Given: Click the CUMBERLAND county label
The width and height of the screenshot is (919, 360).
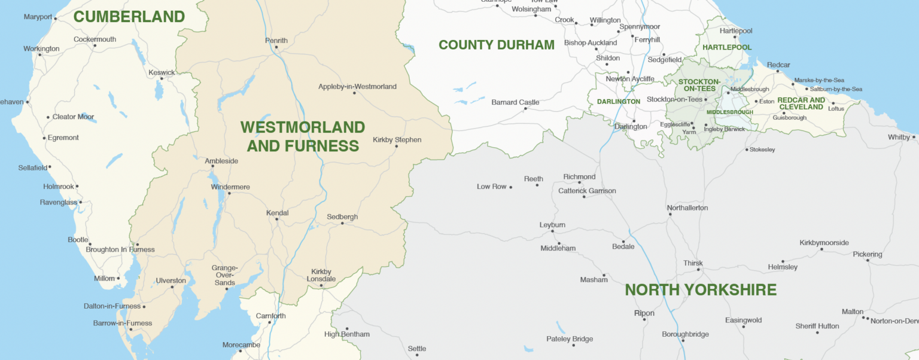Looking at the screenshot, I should (x=129, y=17).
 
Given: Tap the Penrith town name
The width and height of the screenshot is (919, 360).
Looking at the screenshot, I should (x=276, y=41).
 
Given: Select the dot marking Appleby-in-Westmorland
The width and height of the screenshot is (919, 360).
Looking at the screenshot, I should (x=355, y=93).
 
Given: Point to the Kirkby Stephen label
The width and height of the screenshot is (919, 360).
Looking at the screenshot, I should (x=397, y=140).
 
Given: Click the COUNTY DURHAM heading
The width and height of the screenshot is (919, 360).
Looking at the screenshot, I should (x=496, y=45).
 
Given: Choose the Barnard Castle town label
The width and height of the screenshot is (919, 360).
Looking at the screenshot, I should (x=515, y=102).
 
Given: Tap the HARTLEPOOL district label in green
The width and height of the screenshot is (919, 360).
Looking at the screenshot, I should (x=727, y=47).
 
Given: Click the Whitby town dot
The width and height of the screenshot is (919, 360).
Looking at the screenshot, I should (x=914, y=137).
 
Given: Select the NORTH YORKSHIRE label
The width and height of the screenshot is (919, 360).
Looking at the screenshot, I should (x=701, y=290).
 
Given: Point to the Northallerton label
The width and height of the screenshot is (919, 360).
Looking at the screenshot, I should (x=687, y=208).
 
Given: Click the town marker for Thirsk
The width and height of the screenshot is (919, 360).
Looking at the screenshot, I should (x=698, y=270).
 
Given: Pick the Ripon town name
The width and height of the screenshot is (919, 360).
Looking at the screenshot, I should (x=644, y=313).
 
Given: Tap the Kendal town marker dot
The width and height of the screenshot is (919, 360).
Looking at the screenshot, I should (x=276, y=219).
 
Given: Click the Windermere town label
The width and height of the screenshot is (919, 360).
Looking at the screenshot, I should (x=230, y=187).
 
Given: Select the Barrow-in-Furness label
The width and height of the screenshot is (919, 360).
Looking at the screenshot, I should (x=123, y=324).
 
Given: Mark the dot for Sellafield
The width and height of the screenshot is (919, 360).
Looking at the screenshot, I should (x=50, y=167).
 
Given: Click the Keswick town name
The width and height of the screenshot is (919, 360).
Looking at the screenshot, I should (x=162, y=73).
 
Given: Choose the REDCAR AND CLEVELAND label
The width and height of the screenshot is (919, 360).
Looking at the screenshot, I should (x=801, y=103).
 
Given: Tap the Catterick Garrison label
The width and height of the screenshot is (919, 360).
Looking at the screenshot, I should (x=587, y=191).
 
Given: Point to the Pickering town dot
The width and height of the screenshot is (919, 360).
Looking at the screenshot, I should (x=866, y=261).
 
